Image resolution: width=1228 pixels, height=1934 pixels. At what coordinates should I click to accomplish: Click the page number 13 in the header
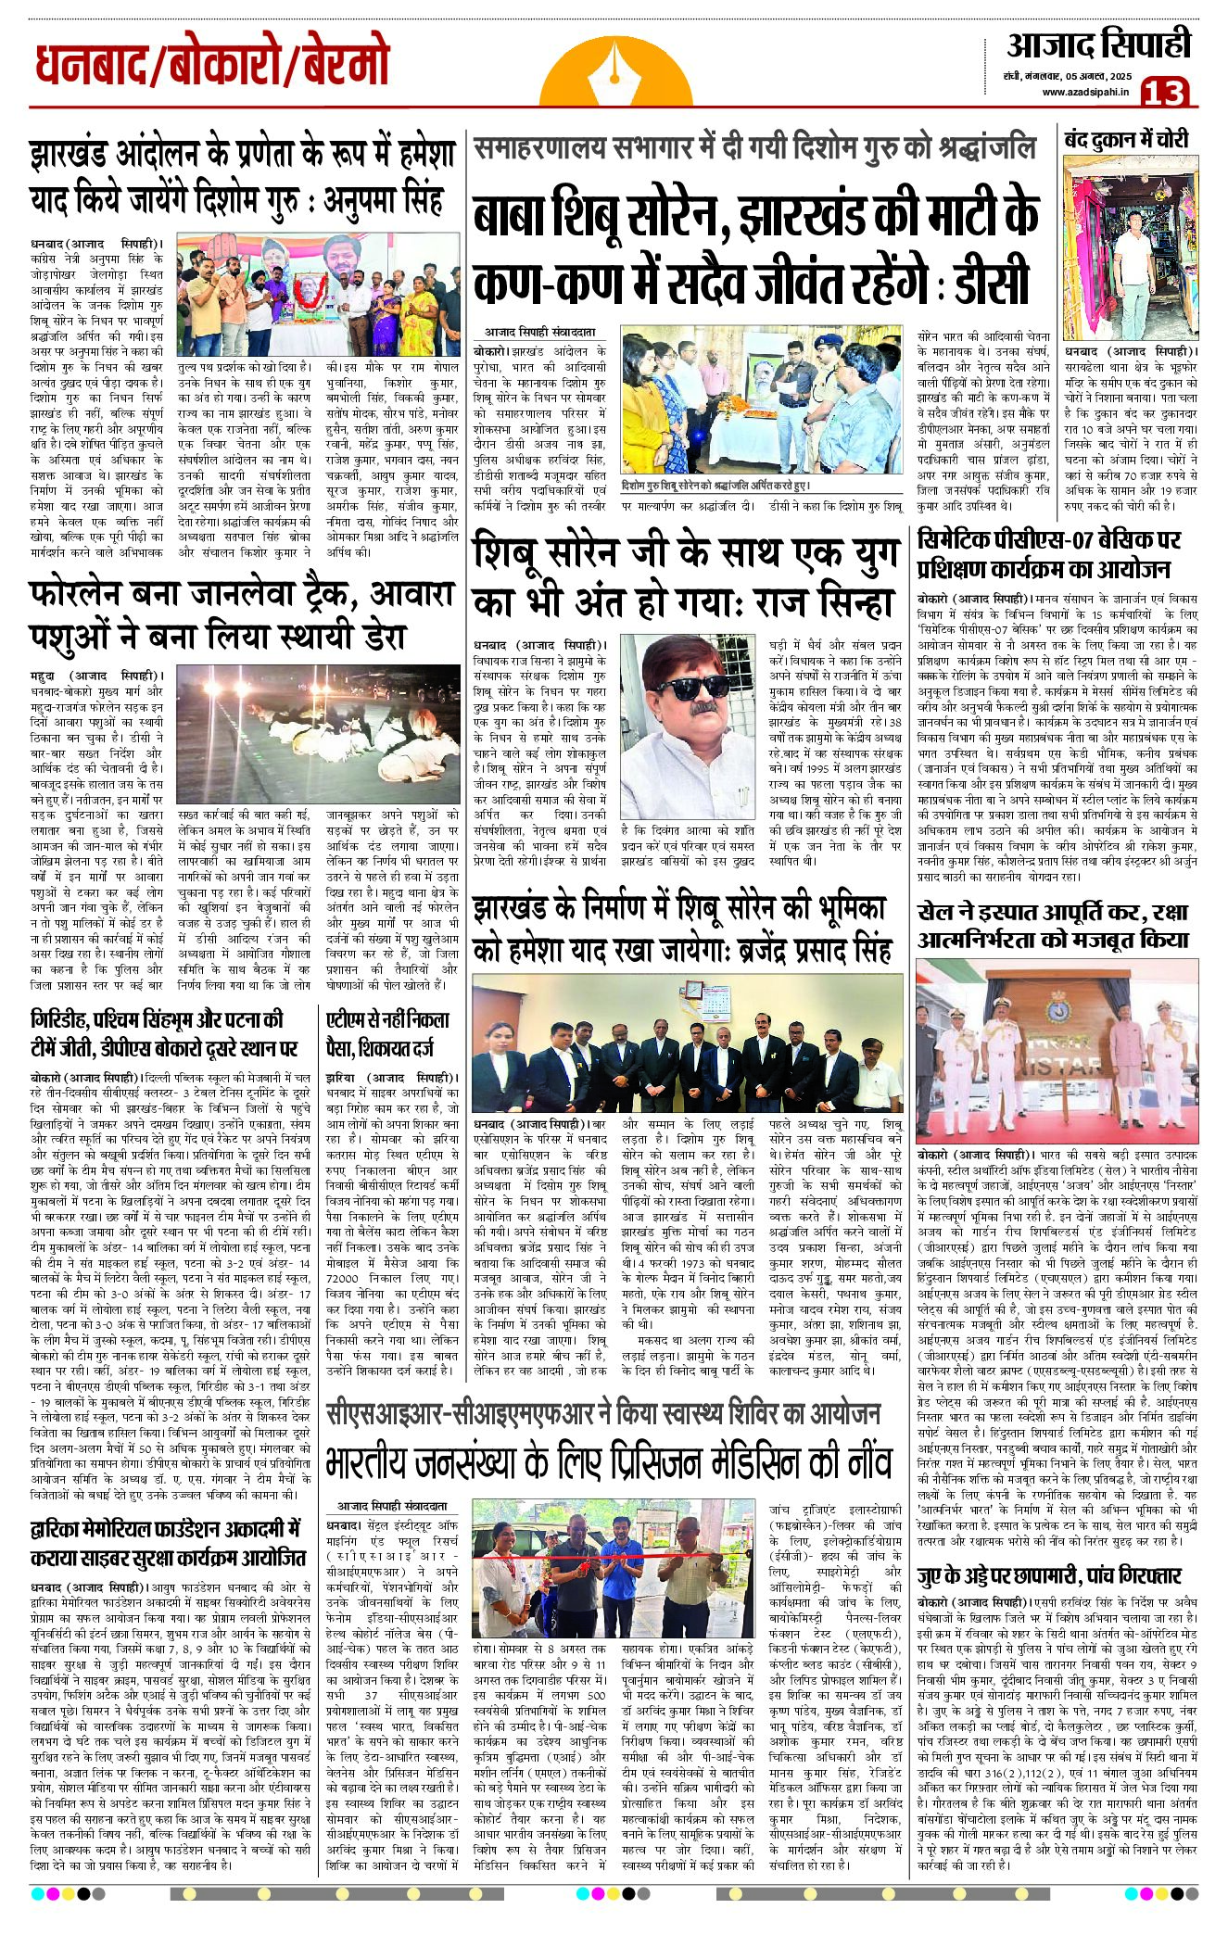pyautogui.click(x=1164, y=92)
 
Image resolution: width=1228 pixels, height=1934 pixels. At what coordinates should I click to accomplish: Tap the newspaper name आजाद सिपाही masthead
pyautogui.click(x=1097, y=44)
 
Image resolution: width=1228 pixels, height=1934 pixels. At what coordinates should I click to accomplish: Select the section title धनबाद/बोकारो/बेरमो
pyautogui.click(x=212, y=66)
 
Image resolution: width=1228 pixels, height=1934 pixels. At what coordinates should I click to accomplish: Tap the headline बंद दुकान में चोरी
pyautogui.click(x=1126, y=140)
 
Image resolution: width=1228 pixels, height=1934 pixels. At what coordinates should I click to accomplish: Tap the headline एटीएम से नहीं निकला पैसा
pyautogui.click(x=388, y=1033)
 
